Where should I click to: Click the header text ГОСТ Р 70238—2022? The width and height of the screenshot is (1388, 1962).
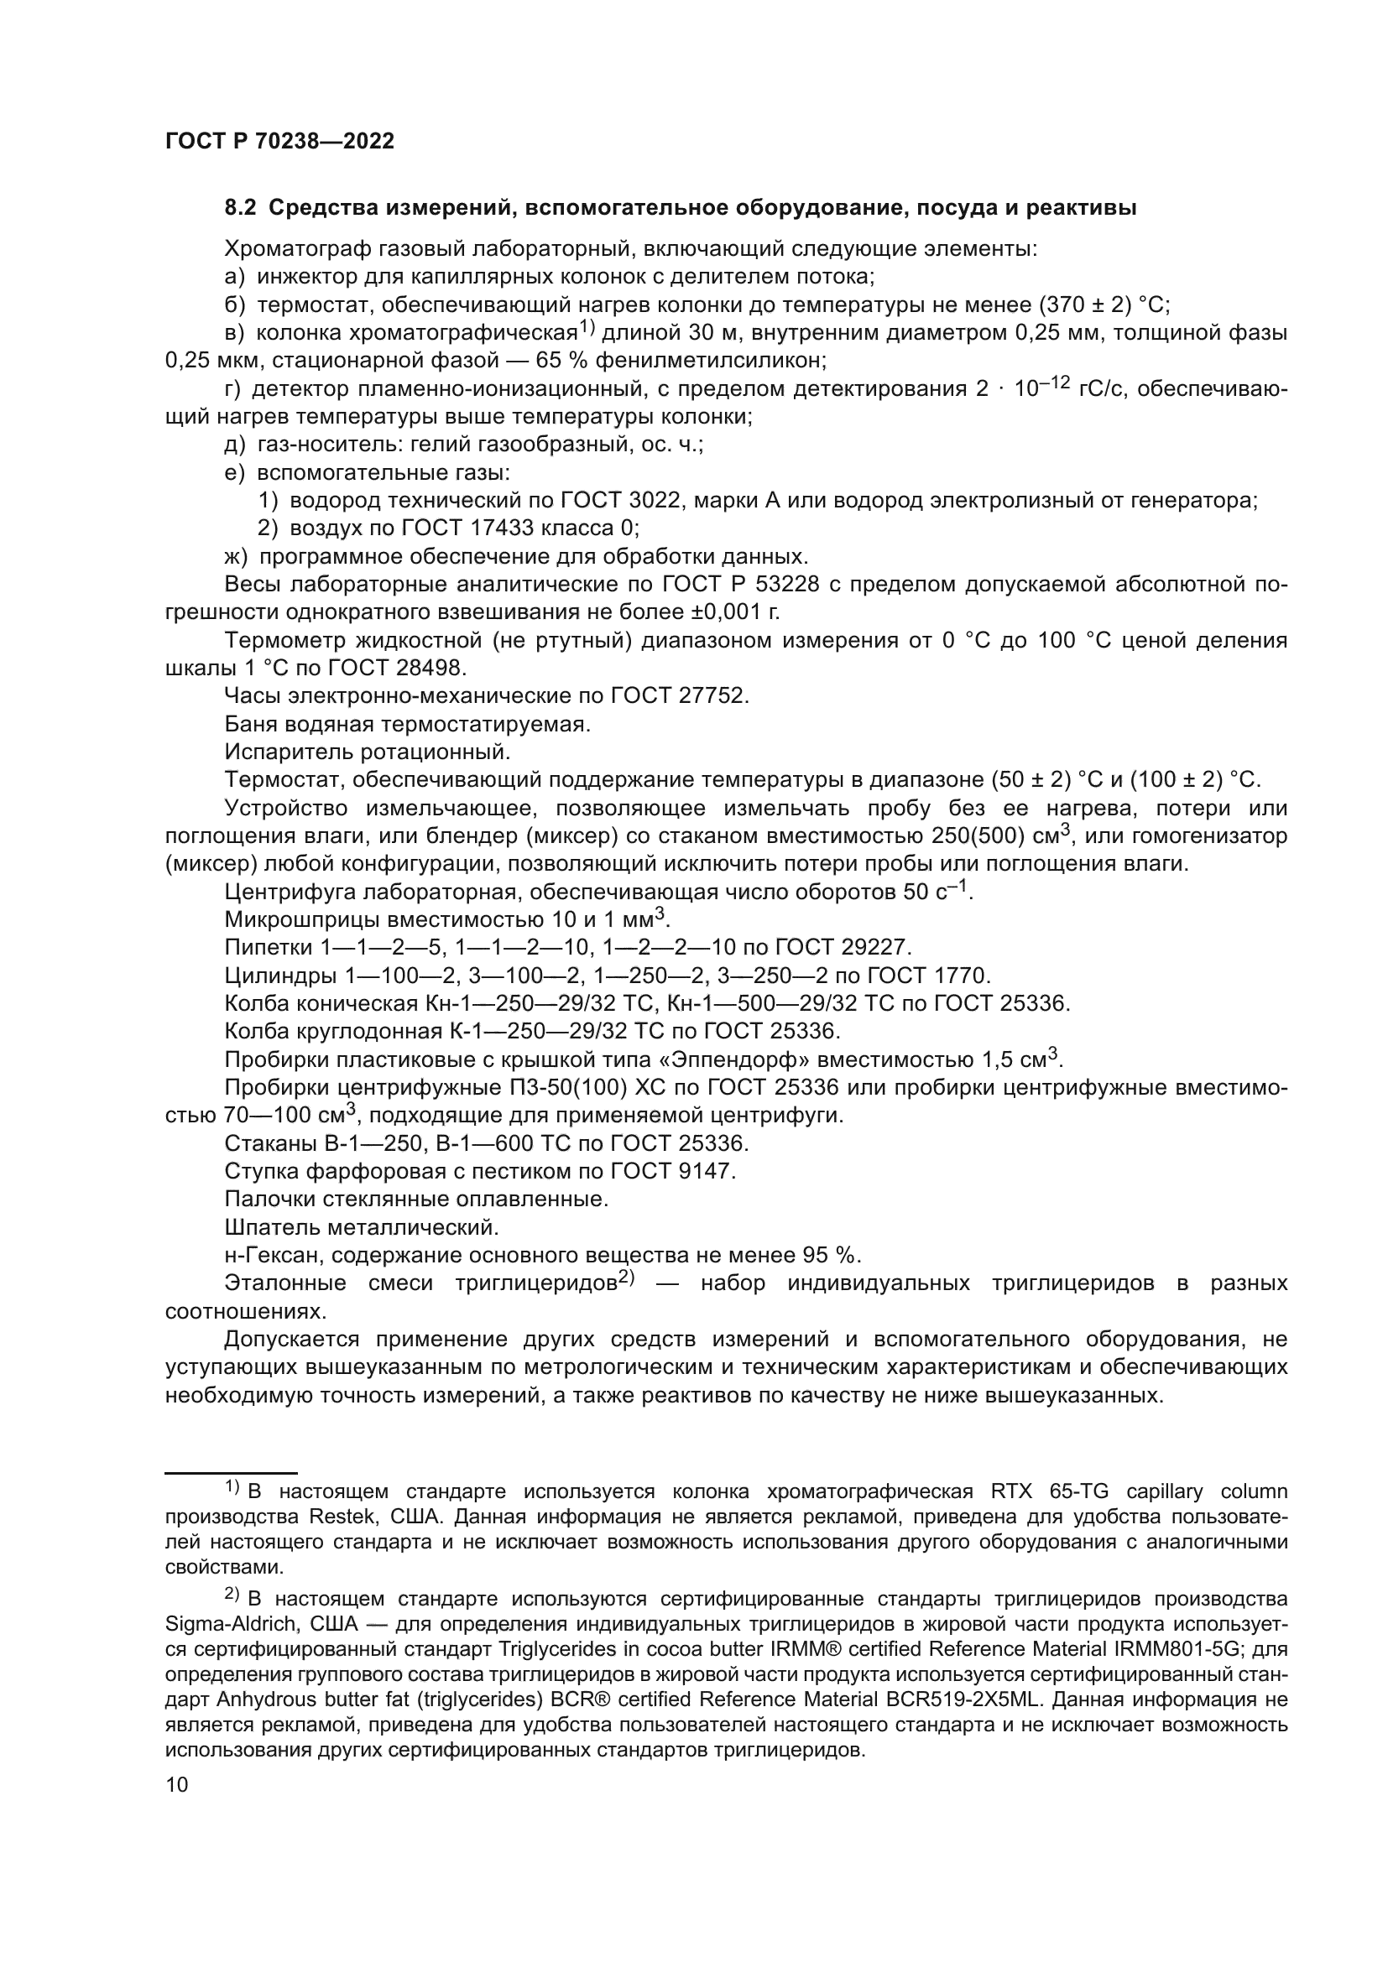point(279,142)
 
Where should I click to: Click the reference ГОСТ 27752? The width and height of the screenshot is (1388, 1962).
point(680,695)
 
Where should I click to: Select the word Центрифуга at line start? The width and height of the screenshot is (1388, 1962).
point(289,893)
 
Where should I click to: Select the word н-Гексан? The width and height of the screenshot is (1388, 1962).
point(272,1256)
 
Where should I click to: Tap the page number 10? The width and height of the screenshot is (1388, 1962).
point(177,1784)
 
